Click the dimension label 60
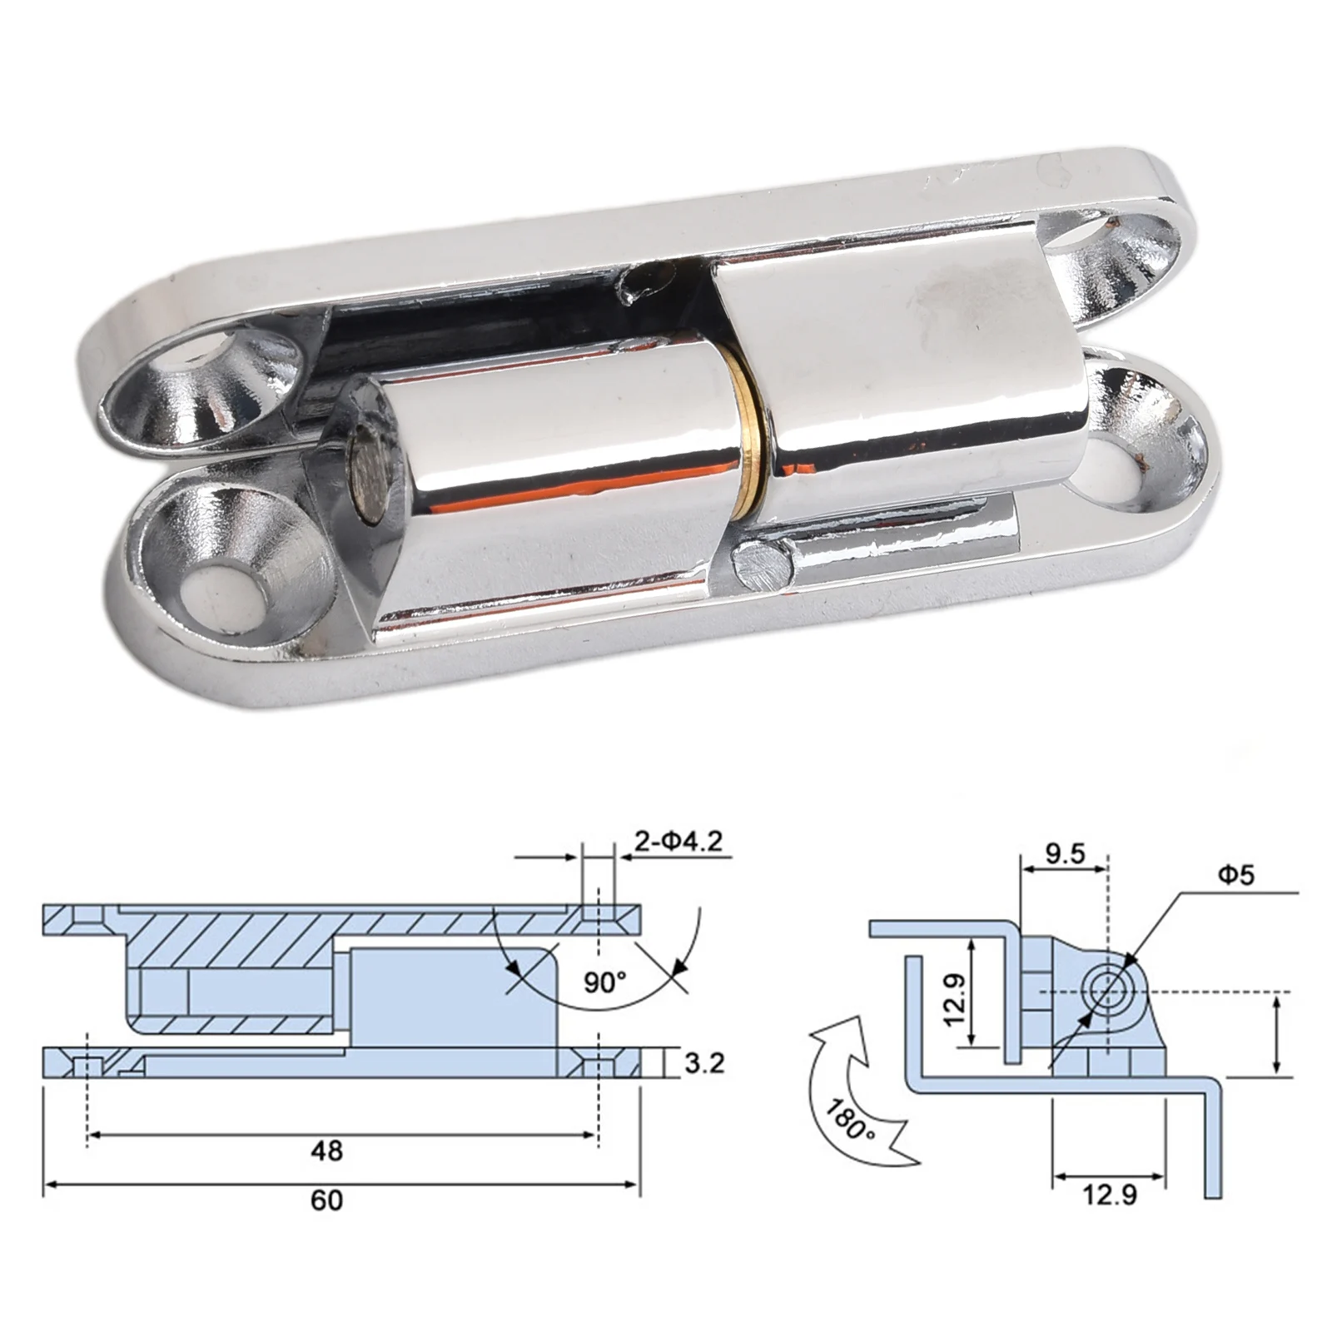point(326,1200)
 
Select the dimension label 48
point(326,1151)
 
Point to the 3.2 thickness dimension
point(703,1063)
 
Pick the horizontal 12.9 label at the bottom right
point(1109,1195)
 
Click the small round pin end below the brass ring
point(763,564)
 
